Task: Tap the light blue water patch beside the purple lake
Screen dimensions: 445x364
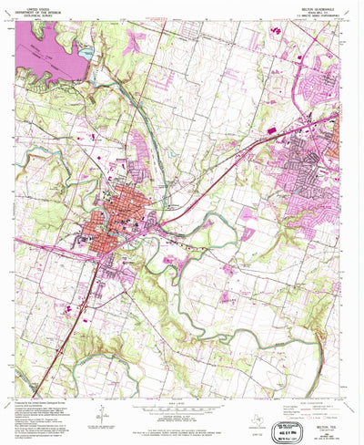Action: click(86, 55)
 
